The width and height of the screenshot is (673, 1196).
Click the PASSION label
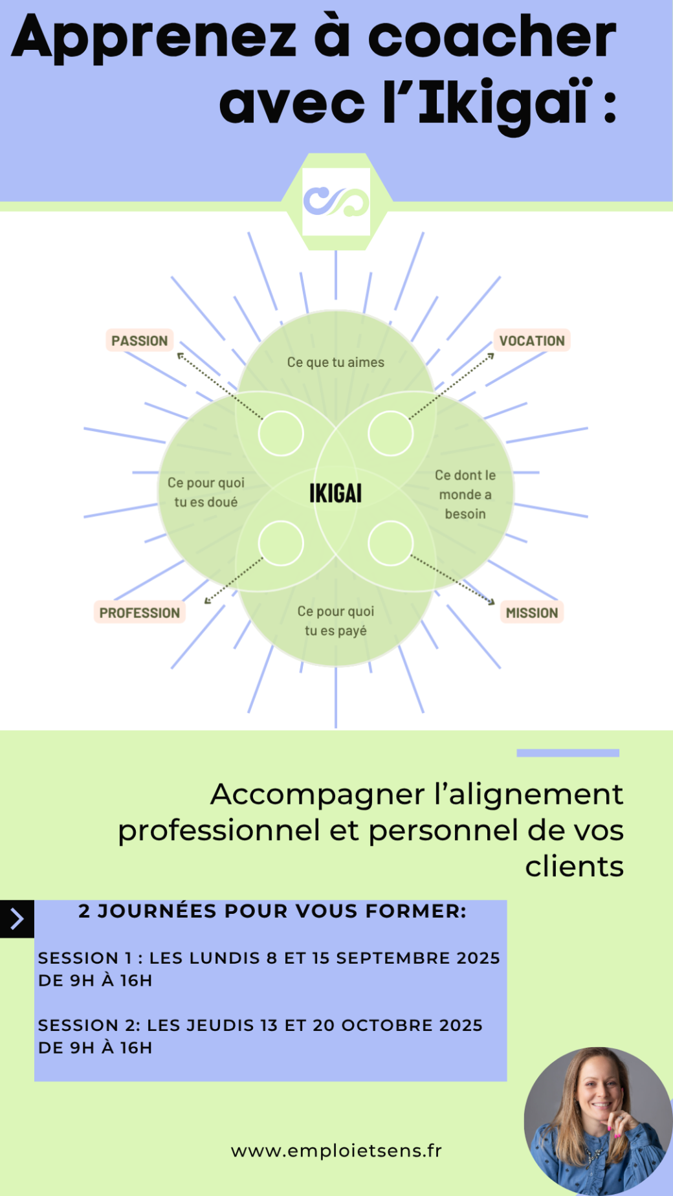point(139,340)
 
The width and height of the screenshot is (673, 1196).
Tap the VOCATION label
point(532,340)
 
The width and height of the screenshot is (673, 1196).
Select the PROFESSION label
point(139,612)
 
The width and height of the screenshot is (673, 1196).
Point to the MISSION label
point(532,612)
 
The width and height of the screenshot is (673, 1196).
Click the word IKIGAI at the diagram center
point(335,493)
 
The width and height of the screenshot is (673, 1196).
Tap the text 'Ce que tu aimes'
point(335,362)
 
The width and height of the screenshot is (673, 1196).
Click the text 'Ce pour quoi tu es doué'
point(206,492)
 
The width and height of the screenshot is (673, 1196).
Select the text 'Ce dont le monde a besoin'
point(465,494)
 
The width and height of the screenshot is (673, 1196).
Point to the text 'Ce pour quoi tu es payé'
point(336,621)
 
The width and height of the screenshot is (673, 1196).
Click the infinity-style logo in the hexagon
point(336,202)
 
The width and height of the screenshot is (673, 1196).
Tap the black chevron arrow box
point(17,919)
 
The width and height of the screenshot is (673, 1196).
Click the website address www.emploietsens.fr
point(336,1151)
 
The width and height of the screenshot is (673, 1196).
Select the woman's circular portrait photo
point(598,1121)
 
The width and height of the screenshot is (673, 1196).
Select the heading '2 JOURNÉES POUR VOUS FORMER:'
point(272,911)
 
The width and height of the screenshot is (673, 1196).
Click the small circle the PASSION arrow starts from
point(281,433)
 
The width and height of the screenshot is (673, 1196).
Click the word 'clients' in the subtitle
point(574,867)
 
